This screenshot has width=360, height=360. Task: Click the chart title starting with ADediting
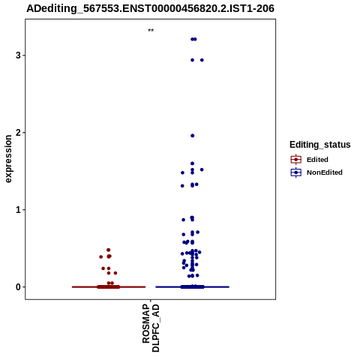click(150, 8)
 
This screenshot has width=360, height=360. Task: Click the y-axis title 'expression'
click(8, 159)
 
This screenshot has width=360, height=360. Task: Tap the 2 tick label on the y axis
click(18, 133)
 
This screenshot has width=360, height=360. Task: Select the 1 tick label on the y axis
click(18, 210)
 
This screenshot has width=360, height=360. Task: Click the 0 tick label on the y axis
click(18, 287)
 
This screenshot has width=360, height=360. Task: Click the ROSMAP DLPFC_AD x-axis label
click(151, 328)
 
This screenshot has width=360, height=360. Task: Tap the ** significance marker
click(151, 31)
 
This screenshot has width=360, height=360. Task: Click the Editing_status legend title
click(320, 145)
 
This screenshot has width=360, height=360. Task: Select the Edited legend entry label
click(317, 160)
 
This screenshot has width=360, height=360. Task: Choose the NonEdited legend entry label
click(325, 172)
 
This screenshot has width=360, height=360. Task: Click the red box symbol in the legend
click(296, 160)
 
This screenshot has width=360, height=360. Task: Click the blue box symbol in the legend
click(296, 172)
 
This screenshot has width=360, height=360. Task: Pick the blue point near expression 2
click(193, 136)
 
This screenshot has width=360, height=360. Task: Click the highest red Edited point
click(109, 250)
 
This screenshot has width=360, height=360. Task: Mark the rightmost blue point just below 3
click(202, 60)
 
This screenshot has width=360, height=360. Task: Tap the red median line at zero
click(109, 287)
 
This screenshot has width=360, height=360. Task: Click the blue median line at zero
click(193, 287)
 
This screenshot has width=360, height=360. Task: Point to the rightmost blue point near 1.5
click(202, 169)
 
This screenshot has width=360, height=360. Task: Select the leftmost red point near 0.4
click(101, 256)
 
